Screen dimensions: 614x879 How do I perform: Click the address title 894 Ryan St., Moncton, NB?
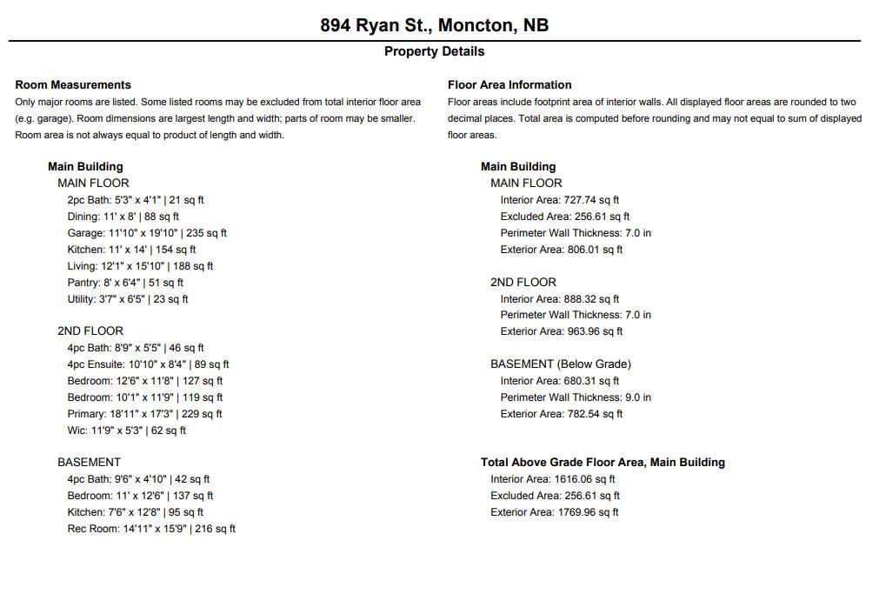[434, 24]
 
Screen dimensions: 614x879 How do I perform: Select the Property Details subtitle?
[434, 51]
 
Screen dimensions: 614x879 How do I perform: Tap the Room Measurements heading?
[73, 85]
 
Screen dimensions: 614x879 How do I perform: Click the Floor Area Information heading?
[509, 85]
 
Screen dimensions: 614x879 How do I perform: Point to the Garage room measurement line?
[147, 233]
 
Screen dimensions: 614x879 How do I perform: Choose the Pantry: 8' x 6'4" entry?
[125, 283]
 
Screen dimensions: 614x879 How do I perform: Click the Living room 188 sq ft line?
[140, 266]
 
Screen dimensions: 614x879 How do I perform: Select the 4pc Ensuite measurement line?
[148, 364]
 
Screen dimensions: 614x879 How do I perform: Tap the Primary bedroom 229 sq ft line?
[144, 414]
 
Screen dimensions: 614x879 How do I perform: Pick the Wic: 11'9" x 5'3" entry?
[126, 430]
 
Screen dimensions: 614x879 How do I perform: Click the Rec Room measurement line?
[151, 529]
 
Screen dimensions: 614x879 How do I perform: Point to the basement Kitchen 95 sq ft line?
[135, 512]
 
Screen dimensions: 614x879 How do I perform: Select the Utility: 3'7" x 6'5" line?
[128, 299]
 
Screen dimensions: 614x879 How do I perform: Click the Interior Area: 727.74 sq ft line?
[559, 200]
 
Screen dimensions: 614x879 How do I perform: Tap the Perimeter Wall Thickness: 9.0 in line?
[576, 397]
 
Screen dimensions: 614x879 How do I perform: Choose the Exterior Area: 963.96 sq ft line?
[561, 331]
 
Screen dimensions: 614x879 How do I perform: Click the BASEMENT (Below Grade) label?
[561, 364]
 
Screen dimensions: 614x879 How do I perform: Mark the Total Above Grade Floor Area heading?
[603, 463]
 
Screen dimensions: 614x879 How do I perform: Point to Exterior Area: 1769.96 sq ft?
[554, 512]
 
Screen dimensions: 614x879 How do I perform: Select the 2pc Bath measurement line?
[136, 200]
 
